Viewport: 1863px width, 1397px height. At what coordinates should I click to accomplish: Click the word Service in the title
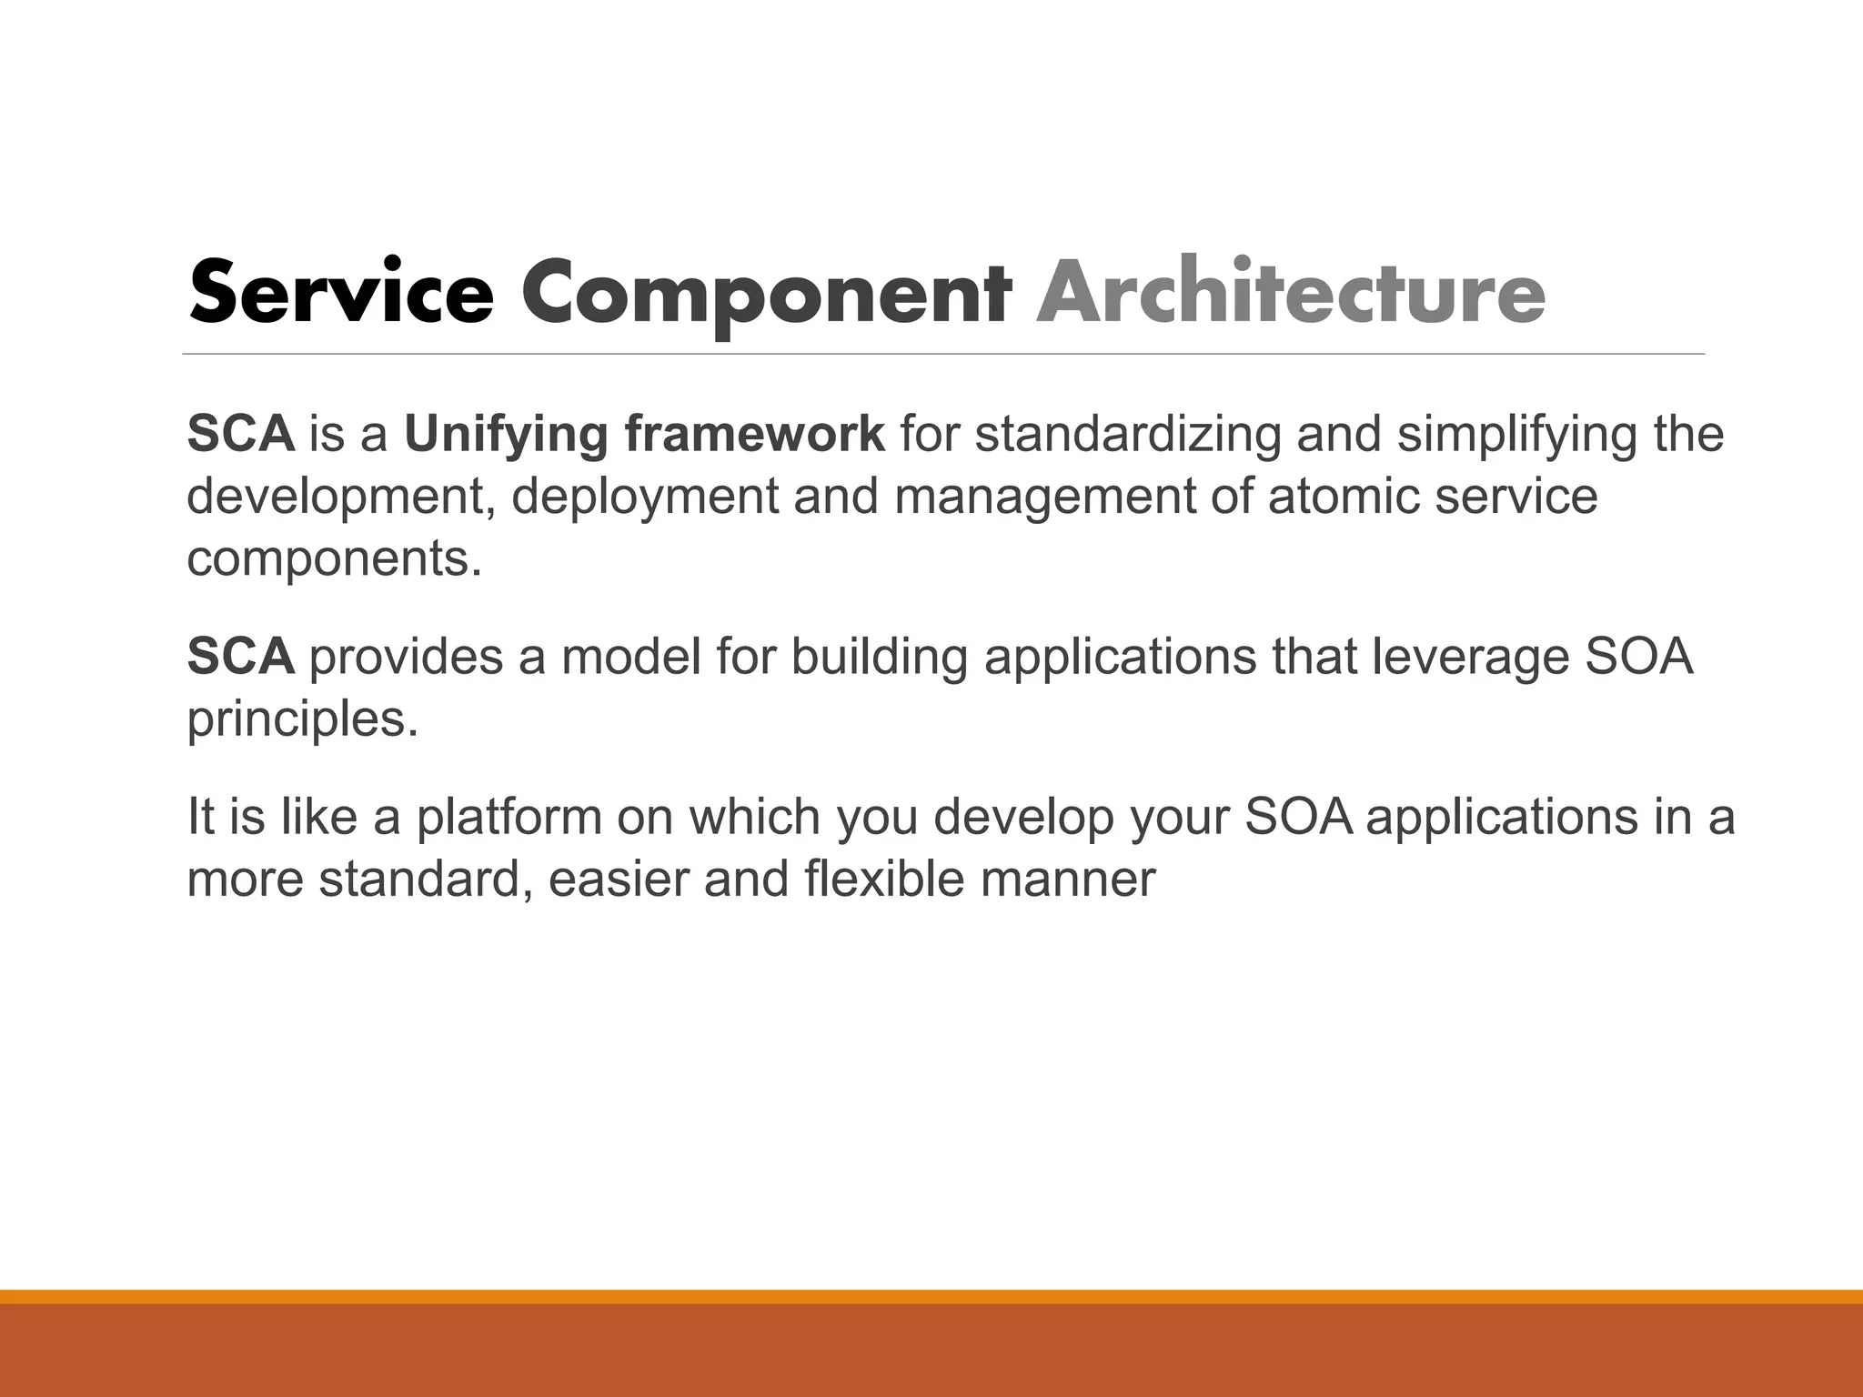341,293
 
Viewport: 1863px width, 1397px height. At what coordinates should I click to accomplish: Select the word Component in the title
765,293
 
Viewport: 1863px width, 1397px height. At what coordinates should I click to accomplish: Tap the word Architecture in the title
1290,293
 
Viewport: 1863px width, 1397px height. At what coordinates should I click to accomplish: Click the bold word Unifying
506,435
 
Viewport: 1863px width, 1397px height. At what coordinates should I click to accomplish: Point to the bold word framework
754,433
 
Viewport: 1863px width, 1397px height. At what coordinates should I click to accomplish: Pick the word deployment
645,497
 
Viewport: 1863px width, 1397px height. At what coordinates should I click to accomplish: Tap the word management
1044,497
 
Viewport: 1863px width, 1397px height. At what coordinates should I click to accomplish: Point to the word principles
302,719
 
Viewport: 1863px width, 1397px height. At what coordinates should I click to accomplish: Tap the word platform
509,817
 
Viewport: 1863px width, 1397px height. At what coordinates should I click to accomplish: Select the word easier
618,879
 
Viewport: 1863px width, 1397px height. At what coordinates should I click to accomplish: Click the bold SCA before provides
241,657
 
